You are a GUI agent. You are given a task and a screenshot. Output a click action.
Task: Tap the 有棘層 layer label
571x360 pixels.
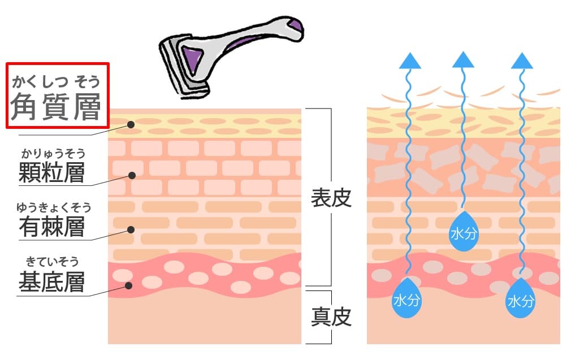51,226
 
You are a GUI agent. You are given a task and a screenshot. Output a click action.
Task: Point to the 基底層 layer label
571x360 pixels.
51,281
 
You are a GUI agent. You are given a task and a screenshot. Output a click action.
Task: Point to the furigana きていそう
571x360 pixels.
52,262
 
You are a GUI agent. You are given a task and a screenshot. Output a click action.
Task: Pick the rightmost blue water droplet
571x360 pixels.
521,298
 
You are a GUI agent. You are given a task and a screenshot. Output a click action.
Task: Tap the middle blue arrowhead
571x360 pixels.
464,59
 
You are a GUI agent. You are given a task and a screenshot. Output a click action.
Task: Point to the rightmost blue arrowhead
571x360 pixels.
521,60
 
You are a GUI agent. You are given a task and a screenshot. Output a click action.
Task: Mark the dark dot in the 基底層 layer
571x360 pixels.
129,285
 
